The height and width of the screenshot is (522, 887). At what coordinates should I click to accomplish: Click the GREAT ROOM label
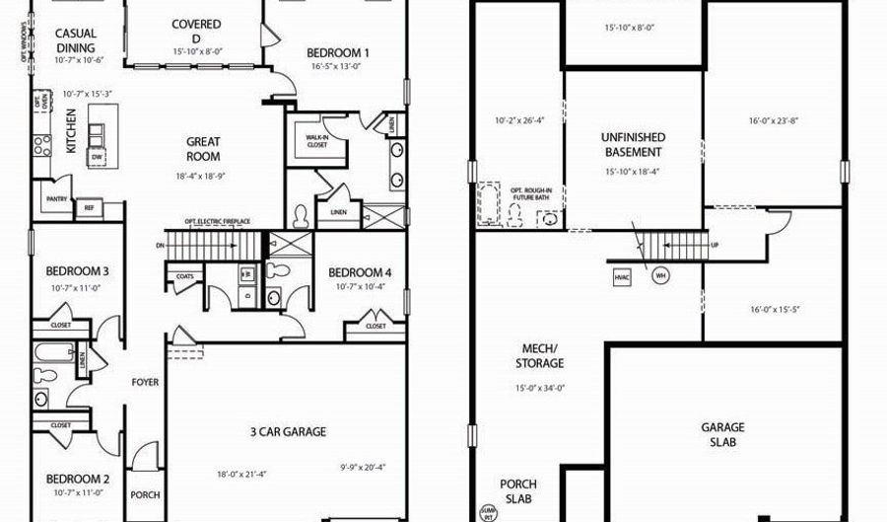203,149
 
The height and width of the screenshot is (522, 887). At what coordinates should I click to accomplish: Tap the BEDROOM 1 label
337,53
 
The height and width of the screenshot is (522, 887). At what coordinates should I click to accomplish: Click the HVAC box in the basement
621,276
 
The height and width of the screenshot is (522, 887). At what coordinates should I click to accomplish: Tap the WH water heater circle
656,276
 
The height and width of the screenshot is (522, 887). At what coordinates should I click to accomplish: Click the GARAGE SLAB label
722,435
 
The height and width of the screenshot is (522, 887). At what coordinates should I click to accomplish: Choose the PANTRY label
56,198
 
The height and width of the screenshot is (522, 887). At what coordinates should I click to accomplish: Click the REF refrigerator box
89,207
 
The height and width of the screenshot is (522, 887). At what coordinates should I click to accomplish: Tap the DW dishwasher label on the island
97,157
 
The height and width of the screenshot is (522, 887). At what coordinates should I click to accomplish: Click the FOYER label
146,382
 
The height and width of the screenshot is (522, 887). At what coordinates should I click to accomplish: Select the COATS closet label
185,276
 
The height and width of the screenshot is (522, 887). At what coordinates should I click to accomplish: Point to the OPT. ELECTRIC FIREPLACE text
217,221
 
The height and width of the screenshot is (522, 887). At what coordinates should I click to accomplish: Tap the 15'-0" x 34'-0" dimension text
540,388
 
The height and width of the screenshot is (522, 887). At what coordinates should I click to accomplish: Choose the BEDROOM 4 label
360,272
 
